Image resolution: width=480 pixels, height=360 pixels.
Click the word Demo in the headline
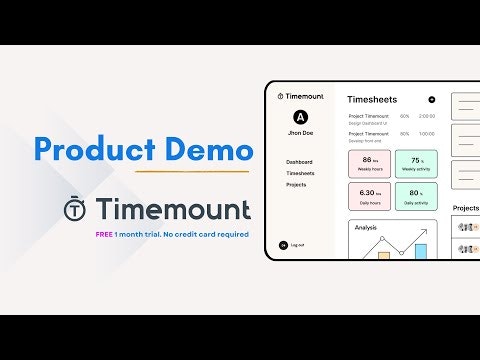click(x=207, y=150)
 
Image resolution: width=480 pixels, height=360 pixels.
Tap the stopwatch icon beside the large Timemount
click(x=74, y=210)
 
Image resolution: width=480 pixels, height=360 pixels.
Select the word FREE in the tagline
click(x=103, y=234)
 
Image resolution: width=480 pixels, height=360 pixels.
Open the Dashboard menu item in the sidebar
click(x=299, y=162)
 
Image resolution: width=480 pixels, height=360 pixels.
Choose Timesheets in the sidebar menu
click(x=300, y=174)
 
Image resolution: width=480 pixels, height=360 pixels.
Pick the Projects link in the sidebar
click(x=296, y=185)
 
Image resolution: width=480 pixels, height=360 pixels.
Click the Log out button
click(x=297, y=245)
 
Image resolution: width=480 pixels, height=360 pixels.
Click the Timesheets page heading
click(x=371, y=100)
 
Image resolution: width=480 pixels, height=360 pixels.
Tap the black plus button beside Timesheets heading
click(x=431, y=100)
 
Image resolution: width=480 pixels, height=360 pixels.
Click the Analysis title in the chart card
click(x=367, y=227)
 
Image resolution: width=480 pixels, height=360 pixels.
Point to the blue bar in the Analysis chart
click(x=421, y=251)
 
